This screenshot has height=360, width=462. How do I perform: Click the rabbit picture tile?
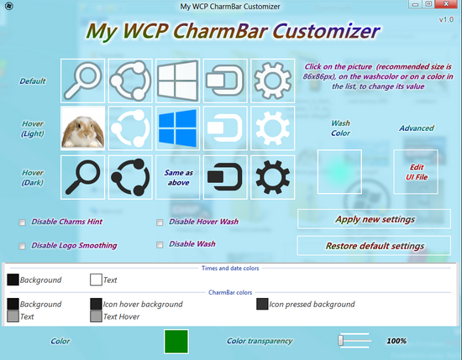tap(83, 128)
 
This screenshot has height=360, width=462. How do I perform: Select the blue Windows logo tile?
tap(178, 128)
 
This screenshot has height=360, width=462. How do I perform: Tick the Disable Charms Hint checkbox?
tap(22, 222)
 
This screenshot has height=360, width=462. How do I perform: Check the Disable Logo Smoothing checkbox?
tap(22, 246)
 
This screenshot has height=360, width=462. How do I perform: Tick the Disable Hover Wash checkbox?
tap(160, 222)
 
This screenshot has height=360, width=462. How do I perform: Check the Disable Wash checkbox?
tap(160, 244)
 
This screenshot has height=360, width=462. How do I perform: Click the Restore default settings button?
tap(374, 246)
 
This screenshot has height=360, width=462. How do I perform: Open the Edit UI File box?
tap(416, 172)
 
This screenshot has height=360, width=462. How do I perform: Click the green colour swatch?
tap(176, 342)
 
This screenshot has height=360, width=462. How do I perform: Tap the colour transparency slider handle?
tap(340, 340)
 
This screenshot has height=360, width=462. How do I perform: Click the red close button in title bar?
tap(446, 4)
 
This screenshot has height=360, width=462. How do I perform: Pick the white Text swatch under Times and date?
tap(96, 280)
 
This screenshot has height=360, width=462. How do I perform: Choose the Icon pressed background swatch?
tap(262, 304)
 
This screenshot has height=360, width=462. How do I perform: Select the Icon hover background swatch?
tap(96, 304)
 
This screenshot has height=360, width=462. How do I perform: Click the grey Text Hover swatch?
tap(96, 316)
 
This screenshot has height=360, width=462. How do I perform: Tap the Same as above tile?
tap(178, 178)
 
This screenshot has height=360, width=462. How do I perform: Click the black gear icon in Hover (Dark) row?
tap(272, 178)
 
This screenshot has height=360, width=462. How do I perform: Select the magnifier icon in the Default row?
tap(83, 81)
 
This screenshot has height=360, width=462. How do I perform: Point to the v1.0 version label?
tap(446, 20)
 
